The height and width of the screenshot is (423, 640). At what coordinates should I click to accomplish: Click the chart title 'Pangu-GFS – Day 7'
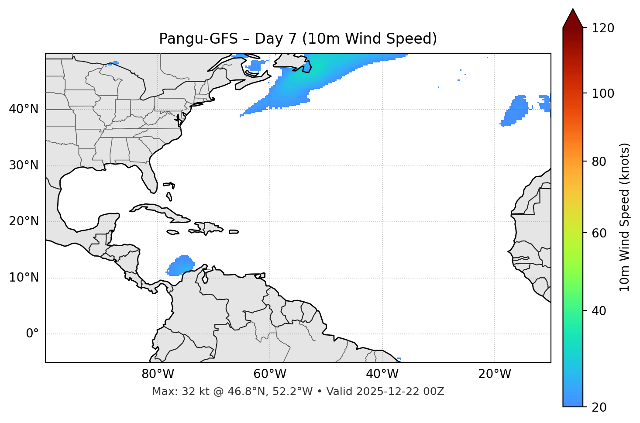298,39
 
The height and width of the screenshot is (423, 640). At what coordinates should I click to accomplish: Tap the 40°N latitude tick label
24,109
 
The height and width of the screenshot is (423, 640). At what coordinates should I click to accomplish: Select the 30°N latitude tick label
24,165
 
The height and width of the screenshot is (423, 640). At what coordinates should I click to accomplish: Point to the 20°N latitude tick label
24,221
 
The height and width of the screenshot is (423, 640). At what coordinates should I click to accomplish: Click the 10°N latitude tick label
24,278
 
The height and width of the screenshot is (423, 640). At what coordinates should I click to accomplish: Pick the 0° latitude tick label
32,334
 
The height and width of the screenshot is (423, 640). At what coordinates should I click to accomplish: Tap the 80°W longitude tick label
158,374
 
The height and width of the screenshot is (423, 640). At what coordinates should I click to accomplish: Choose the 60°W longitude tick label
270,374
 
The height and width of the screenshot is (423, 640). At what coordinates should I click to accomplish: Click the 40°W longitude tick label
382,374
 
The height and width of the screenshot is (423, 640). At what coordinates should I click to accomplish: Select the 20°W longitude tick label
494,374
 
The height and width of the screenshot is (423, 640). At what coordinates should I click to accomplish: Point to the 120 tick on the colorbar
603,28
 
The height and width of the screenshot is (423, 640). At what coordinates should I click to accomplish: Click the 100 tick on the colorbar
603,93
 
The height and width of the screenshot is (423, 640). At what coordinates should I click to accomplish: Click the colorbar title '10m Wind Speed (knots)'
625,217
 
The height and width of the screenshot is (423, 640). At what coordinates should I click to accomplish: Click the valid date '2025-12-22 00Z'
399,392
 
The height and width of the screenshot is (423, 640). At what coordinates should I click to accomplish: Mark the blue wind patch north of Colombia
181,265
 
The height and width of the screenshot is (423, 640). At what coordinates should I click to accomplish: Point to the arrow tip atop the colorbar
573,10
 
